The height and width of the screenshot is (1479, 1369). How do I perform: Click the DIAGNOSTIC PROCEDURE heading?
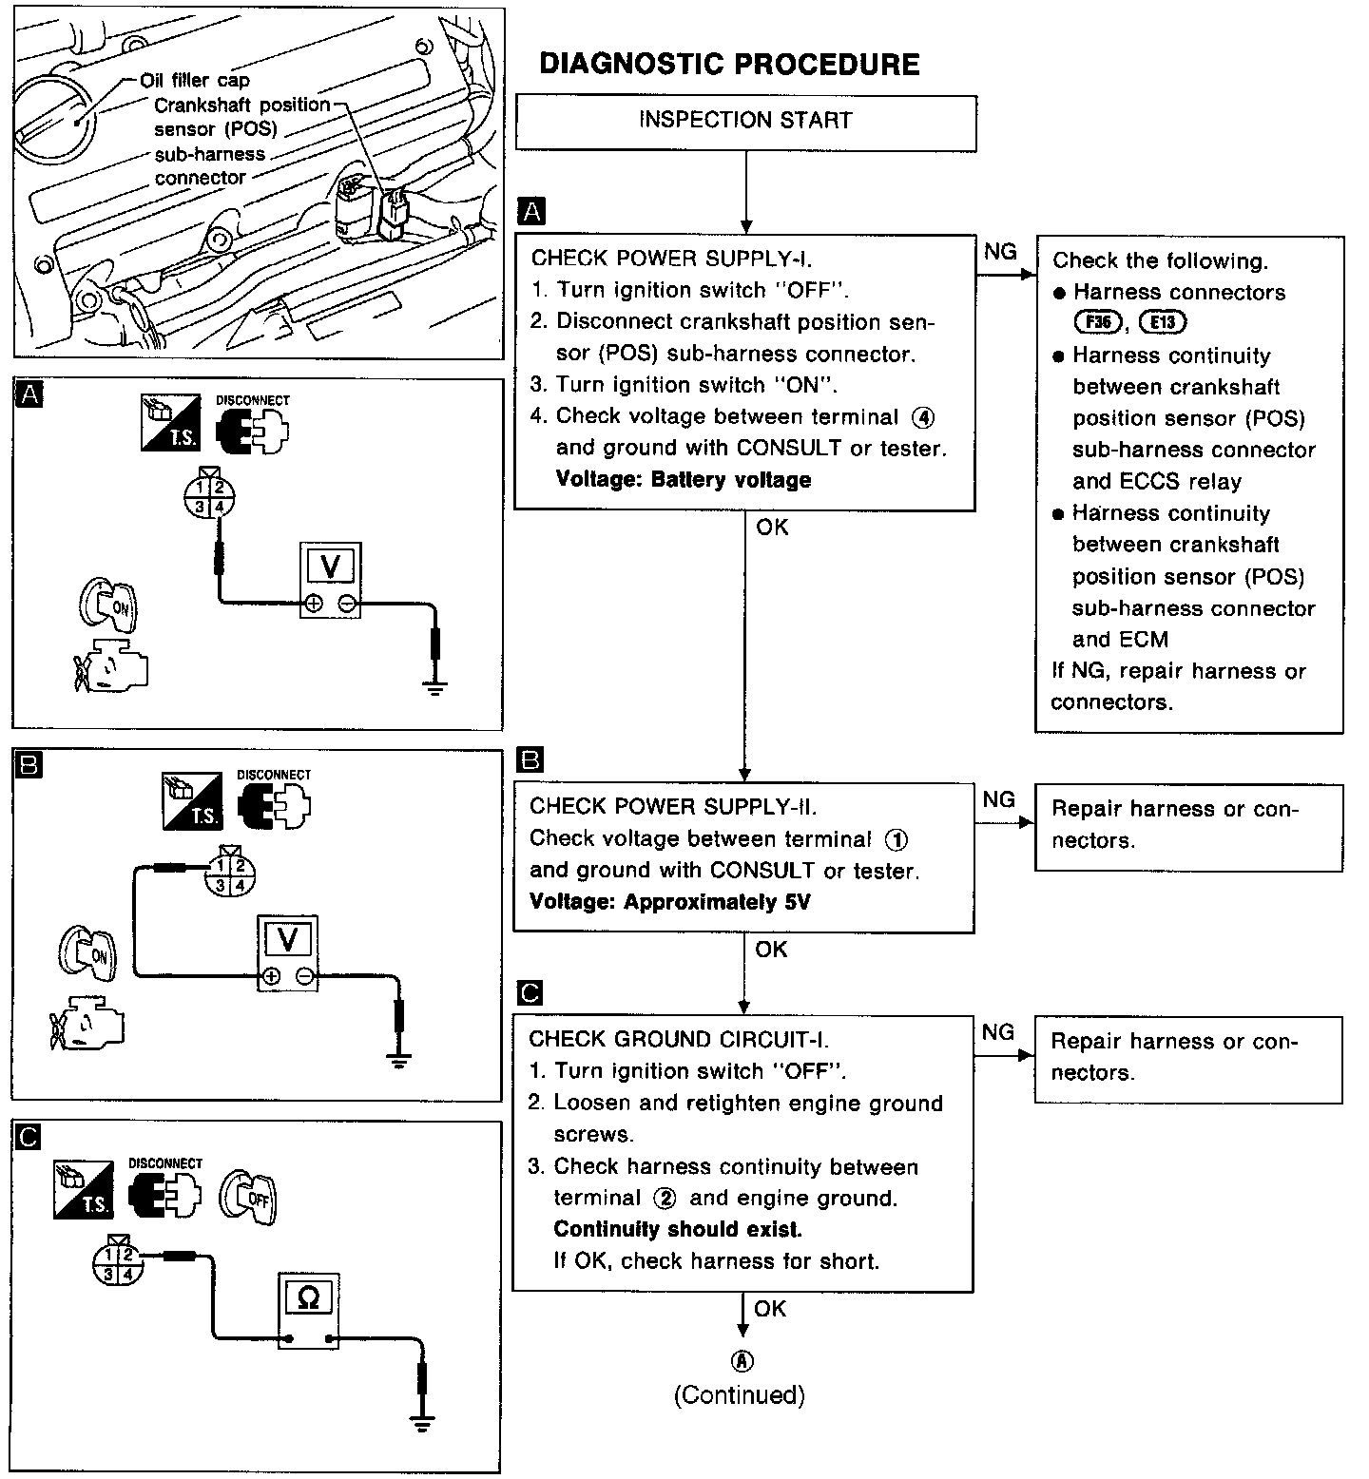pyautogui.click(x=729, y=65)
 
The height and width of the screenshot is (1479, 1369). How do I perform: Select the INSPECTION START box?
pyautogui.click(x=745, y=121)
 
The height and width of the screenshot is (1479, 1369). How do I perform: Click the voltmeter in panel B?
pyautogui.click(x=287, y=953)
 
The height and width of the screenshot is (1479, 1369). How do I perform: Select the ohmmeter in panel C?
pyautogui.click(x=308, y=1310)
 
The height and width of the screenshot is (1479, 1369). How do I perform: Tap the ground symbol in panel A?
pyautogui.click(x=435, y=689)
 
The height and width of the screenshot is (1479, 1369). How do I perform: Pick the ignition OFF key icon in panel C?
pyautogui.click(x=249, y=1195)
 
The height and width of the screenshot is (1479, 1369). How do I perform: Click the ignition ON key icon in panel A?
pyautogui.click(x=109, y=603)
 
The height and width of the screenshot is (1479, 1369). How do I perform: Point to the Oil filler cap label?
pyautogui.click(x=194, y=81)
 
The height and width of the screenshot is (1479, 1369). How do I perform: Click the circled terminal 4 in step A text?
pyautogui.click(x=922, y=416)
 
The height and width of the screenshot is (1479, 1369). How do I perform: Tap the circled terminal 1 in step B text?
pyautogui.click(x=896, y=839)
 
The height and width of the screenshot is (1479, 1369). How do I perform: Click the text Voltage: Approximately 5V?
pyautogui.click(x=669, y=902)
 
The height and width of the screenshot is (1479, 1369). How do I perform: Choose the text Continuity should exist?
pyautogui.click(x=678, y=1229)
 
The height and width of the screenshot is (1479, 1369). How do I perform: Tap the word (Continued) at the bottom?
pyautogui.click(x=740, y=1394)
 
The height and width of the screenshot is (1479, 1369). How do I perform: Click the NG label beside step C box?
pyautogui.click(x=997, y=1032)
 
